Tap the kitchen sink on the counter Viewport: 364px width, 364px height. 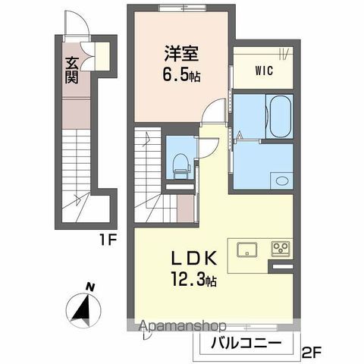(x=249, y=249)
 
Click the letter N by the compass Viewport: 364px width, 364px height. (x=89, y=287)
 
